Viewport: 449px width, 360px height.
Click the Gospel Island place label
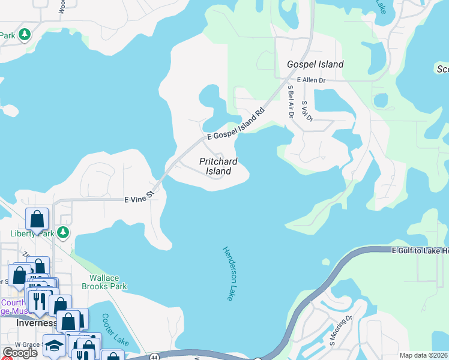click(315, 64)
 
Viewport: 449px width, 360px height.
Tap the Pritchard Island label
click(218, 166)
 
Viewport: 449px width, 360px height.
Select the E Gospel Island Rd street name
click(236, 125)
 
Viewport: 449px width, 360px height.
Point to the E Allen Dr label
click(310, 80)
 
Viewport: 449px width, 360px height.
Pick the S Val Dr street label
click(307, 110)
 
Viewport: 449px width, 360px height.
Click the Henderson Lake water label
click(227, 274)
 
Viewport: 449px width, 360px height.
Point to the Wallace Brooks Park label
click(108, 282)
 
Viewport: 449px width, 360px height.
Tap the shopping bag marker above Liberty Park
click(37, 219)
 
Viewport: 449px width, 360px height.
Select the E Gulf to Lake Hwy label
click(420, 250)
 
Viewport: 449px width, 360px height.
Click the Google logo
click(19, 353)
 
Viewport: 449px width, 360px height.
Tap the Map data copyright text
click(423, 355)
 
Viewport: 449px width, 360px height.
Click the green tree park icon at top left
click(25, 35)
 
